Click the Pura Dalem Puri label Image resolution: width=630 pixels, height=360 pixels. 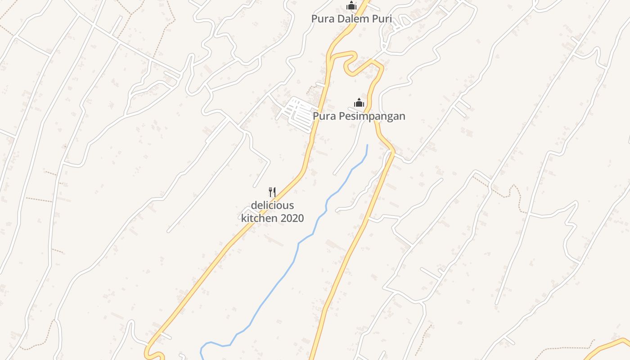click(x=351, y=19)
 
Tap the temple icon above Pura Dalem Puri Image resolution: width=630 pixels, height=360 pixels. click(x=351, y=6)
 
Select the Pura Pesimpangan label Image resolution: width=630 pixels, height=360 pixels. click(x=359, y=116)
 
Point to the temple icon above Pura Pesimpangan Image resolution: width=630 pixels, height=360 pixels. click(x=359, y=103)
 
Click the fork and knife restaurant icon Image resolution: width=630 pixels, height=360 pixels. click(x=272, y=192)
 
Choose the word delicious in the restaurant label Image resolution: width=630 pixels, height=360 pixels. click(x=272, y=206)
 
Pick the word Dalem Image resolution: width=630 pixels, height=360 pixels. click(x=352, y=19)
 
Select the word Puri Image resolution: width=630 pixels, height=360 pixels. click(x=382, y=19)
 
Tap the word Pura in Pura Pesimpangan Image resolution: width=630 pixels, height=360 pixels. click(x=323, y=116)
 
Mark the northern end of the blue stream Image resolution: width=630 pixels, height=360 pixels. click(x=367, y=145)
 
